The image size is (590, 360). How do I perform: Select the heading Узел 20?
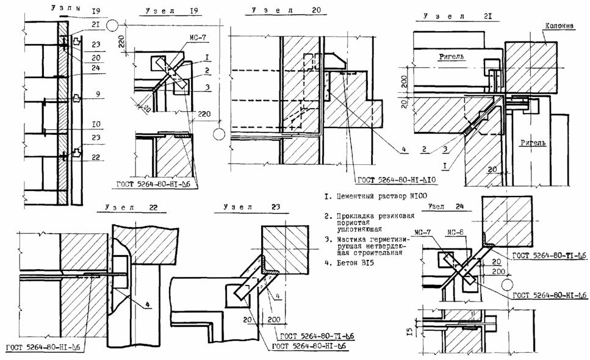click(276, 11)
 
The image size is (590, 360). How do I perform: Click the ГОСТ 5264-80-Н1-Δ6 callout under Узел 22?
click(43, 348)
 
